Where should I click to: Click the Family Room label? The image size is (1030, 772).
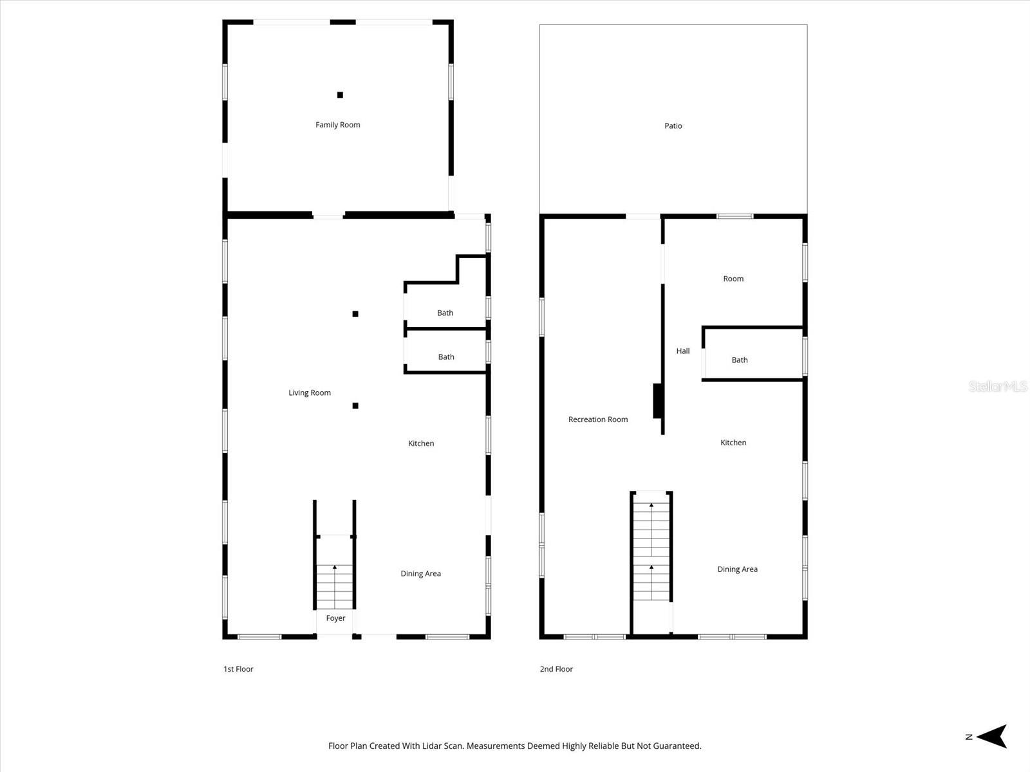337,125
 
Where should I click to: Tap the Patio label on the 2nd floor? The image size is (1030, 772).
673,126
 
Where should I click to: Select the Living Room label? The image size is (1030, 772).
310,393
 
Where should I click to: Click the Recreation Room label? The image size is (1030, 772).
598,419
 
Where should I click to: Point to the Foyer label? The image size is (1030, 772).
335,618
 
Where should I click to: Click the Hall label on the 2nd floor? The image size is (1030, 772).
683,351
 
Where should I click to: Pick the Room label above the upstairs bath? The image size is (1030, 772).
733,279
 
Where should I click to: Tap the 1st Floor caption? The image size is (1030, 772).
238,669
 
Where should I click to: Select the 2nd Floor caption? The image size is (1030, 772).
556,669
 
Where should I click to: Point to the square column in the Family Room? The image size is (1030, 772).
340,95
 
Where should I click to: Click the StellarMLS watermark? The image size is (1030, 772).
998,387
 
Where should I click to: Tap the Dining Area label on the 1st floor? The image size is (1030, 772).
420,574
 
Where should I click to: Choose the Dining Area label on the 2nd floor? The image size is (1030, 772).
737,569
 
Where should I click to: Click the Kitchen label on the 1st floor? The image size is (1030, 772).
421,443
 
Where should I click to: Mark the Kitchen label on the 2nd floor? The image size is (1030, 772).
733,443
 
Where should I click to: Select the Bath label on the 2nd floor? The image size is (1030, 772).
740,360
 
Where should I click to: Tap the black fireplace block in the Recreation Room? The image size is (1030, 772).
658,401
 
